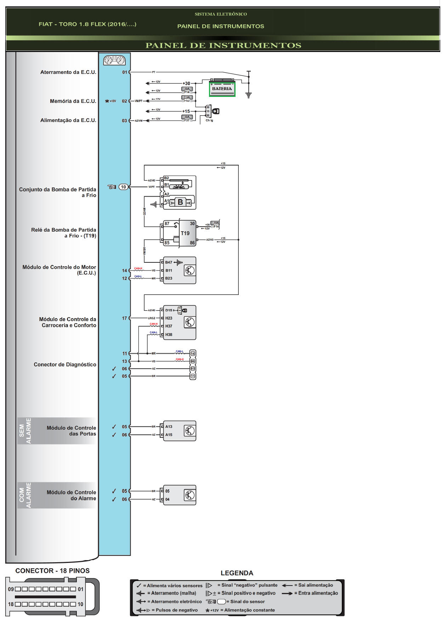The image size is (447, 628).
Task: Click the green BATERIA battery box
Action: (x=222, y=89)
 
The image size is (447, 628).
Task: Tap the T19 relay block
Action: (x=187, y=233)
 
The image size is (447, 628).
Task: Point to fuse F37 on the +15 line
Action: (x=187, y=118)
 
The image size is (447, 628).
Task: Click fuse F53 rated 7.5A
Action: (x=187, y=99)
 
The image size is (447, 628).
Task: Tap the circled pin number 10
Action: (x=123, y=187)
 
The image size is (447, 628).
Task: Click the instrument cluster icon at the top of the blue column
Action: (x=114, y=60)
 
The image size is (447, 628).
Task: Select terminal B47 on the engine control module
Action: (x=169, y=262)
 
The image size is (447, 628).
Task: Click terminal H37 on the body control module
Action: (x=169, y=326)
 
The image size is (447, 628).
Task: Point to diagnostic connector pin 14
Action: (x=193, y=354)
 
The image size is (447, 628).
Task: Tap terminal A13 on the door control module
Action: (x=169, y=426)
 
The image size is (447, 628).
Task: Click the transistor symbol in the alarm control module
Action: (x=190, y=495)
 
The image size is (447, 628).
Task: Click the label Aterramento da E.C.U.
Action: (x=68, y=72)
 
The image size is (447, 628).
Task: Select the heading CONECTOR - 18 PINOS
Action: (x=52, y=571)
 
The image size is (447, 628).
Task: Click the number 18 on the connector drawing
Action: (x=11, y=604)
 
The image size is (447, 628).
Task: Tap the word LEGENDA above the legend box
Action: (x=237, y=573)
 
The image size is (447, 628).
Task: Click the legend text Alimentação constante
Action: (x=249, y=610)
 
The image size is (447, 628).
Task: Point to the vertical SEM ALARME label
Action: (x=25, y=431)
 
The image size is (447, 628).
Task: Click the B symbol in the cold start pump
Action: (x=180, y=202)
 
